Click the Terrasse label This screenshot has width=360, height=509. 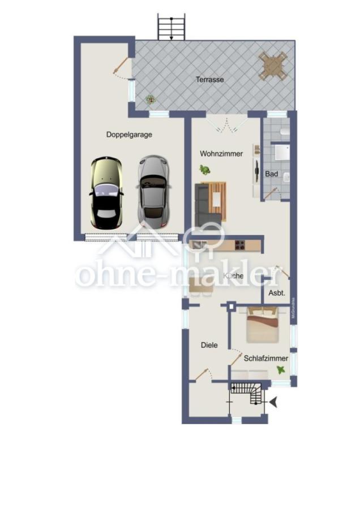pyautogui.click(x=210, y=80)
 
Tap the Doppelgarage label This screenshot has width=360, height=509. pyautogui.click(x=129, y=135)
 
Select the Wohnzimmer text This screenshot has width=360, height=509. pyautogui.click(x=221, y=153)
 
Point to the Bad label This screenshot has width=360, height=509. pyautogui.click(x=272, y=174)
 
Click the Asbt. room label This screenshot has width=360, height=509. pyautogui.click(x=276, y=293)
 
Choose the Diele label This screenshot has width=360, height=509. pyautogui.click(x=209, y=345)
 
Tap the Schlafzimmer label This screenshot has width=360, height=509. pyautogui.click(x=266, y=358)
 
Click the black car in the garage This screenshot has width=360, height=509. pyautogui.click(x=106, y=193)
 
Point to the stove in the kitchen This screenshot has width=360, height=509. pyautogui.click(x=239, y=245)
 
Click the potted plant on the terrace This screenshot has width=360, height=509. pyautogui.click(x=150, y=99)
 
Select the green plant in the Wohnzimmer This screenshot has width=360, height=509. pyautogui.click(x=204, y=169)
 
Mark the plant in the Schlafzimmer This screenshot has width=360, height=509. pyautogui.click(x=281, y=369)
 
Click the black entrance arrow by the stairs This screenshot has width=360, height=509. pyautogui.click(x=275, y=402)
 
